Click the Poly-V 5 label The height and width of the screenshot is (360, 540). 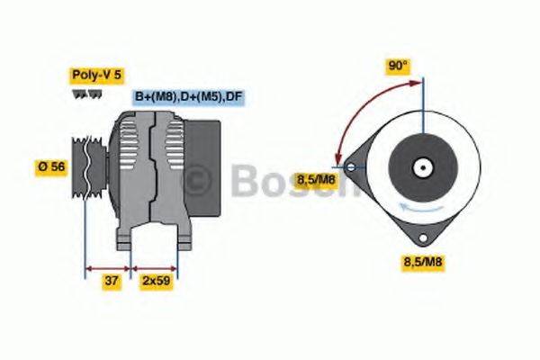point(94,76)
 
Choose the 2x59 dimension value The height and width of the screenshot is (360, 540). point(157,281)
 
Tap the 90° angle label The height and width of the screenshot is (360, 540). point(397,66)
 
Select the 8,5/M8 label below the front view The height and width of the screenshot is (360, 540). point(421,262)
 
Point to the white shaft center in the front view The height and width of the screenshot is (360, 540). point(419,166)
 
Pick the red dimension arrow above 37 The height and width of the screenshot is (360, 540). point(107,267)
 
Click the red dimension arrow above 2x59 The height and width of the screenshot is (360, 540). point(155,267)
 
